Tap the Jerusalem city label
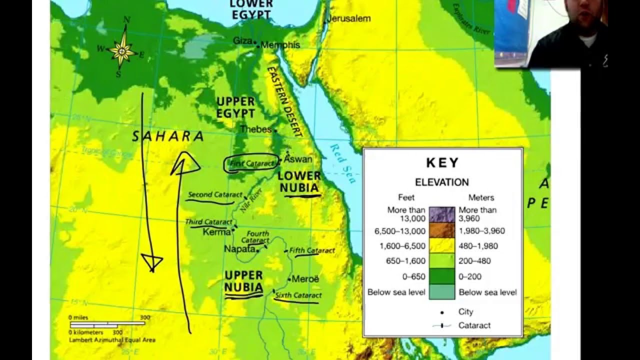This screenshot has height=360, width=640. pyautogui.click(x=349, y=18)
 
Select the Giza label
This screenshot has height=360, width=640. pyautogui.click(x=242, y=40)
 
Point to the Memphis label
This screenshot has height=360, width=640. pyautogui.click(x=280, y=45)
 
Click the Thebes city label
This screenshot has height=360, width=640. pyautogui.click(x=255, y=129)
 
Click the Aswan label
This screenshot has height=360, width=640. pyautogui.click(x=298, y=159)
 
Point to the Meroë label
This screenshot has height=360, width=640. pyautogui.click(x=305, y=279)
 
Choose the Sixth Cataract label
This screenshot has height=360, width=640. pyautogui.click(x=298, y=295)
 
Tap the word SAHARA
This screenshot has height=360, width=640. pyautogui.click(x=168, y=136)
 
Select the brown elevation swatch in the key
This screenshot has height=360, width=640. pyautogui.click(x=442, y=230)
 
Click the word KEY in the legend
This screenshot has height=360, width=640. pyautogui.click(x=442, y=163)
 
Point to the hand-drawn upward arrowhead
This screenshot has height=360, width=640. pyautogui.click(x=185, y=163)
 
